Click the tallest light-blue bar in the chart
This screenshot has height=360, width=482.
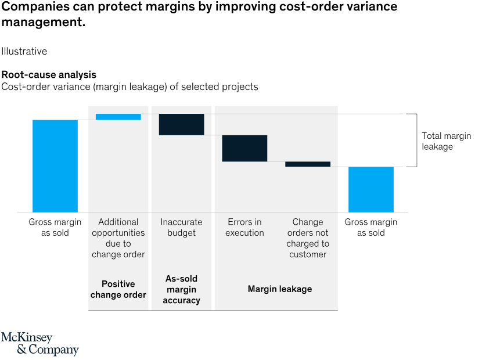(x=55, y=165)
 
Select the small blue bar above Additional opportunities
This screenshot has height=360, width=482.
(x=118, y=117)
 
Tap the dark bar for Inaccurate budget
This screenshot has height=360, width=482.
(x=181, y=124)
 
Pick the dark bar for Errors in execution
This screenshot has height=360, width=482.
(x=244, y=148)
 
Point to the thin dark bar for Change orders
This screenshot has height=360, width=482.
(x=308, y=164)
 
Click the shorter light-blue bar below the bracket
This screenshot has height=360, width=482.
(x=371, y=189)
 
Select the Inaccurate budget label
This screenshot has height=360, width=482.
(x=181, y=227)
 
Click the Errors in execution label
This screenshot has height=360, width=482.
(x=244, y=227)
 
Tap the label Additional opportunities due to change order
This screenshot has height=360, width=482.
(x=118, y=238)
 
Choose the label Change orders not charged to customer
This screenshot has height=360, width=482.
(x=308, y=238)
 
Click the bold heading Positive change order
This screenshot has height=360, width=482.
(x=118, y=289)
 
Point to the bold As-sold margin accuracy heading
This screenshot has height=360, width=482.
(x=181, y=289)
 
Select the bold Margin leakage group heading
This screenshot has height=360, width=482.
(x=280, y=289)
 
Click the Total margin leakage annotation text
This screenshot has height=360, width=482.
(x=446, y=141)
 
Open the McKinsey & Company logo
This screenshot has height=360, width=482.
(x=39, y=344)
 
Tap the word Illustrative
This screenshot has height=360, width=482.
(x=24, y=51)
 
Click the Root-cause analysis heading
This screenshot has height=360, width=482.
(x=49, y=75)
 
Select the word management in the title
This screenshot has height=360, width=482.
(x=41, y=23)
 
